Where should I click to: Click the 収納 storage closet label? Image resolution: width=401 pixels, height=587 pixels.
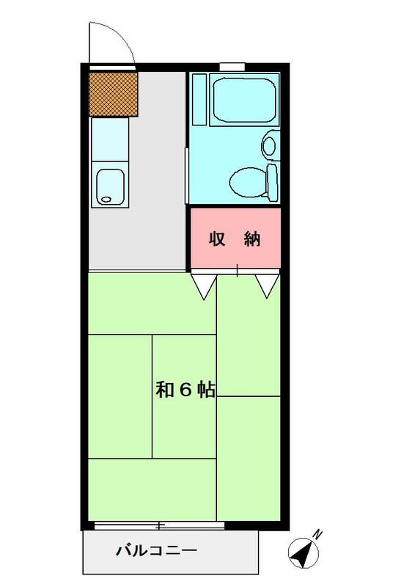click(235, 239)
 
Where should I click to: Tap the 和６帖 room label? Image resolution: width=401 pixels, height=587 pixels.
click(185, 390)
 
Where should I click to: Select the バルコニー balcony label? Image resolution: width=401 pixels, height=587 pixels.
click(156, 551)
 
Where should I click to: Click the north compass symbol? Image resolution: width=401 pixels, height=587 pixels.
click(303, 552)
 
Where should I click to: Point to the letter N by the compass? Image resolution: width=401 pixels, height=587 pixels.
click(317, 534)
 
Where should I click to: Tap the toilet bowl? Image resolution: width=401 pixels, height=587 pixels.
click(247, 182)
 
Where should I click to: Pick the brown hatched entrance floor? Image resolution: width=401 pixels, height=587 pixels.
click(113, 94)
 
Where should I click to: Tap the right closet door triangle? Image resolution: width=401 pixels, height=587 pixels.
click(268, 286)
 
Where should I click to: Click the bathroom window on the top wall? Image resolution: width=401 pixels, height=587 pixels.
click(232, 67)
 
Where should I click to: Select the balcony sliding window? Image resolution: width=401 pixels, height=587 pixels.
click(159, 525)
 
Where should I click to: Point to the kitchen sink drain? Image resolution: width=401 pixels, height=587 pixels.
click(106, 200)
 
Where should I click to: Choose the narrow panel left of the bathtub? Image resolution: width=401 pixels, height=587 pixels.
click(199, 100)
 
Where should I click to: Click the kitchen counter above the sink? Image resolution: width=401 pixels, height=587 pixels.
click(110, 139)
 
